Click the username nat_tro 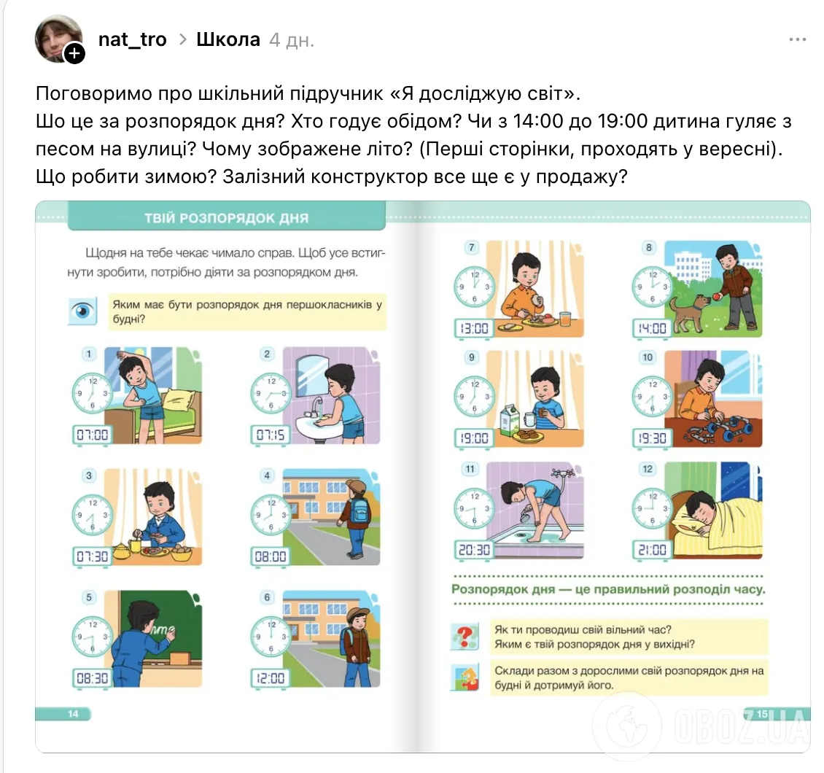(133, 39)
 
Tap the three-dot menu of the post (797, 39)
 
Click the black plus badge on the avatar (74, 53)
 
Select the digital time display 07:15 (270, 435)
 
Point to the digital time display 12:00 (270, 678)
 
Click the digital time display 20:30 (474, 550)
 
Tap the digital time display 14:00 (652, 328)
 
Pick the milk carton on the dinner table (509, 420)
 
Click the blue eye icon (82, 311)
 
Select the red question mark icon (465, 637)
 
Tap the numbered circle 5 (89, 597)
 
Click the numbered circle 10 (648, 357)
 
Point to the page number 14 (73, 714)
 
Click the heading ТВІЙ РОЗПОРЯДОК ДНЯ (227, 218)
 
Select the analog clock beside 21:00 (652, 509)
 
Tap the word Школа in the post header (228, 39)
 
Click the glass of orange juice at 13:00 (565, 319)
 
